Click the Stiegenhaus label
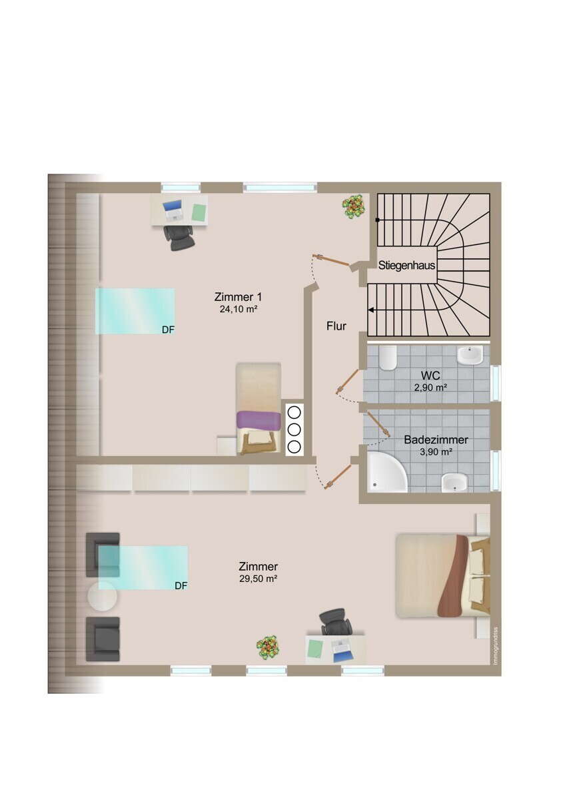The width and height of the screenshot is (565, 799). (x=406, y=266)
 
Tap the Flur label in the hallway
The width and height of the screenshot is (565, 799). (x=336, y=326)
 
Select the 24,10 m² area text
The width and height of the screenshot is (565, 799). (x=239, y=309)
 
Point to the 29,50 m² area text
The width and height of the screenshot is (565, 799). (x=258, y=579)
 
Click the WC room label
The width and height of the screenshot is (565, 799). (x=430, y=376)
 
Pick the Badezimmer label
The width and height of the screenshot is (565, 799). (x=436, y=440)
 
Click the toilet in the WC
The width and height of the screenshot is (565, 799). (x=388, y=358)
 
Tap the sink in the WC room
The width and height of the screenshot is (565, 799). (x=470, y=356)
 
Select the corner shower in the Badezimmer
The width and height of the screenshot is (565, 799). (x=387, y=472)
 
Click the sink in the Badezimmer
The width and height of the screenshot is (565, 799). (x=454, y=483)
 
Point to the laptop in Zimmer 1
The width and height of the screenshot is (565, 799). (x=173, y=210)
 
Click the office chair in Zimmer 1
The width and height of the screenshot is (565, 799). (x=179, y=238)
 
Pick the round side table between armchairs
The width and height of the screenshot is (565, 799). (x=103, y=597)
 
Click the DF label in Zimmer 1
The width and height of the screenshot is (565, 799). (x=168, y=330)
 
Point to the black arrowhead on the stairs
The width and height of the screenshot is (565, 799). (x=372, y=310)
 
